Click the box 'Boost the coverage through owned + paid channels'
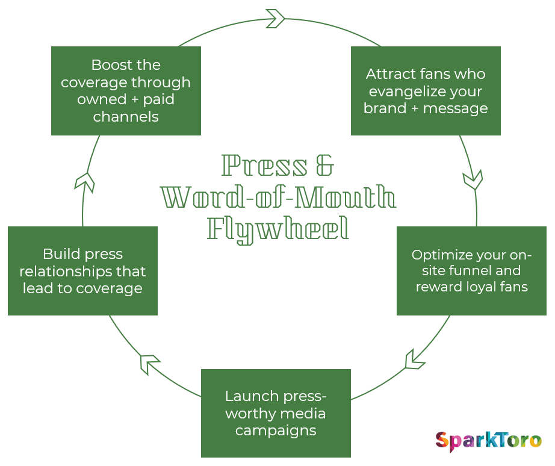(126, 91)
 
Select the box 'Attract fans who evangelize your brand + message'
(426, 91)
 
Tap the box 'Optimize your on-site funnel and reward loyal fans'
(471, 271)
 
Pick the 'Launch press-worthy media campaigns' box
(276, 413)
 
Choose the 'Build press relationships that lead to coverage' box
(82, 271)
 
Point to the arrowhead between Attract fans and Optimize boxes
(473, 179)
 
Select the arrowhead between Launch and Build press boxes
(149, 364)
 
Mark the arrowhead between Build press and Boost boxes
(85, 181)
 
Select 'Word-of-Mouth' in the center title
(278, 197)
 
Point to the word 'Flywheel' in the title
(278, 229)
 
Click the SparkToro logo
(488, 441)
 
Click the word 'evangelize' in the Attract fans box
(426, 92)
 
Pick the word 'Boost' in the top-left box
(109, 64)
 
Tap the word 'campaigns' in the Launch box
(276, 430)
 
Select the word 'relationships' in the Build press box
(82, 271)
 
